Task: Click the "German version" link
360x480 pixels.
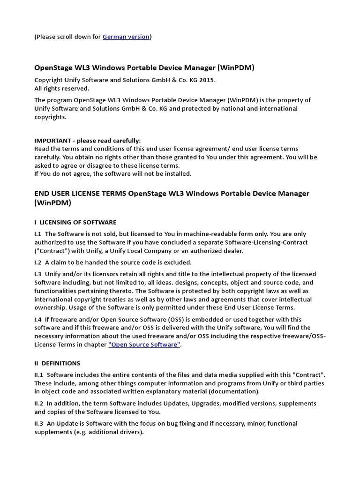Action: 126,37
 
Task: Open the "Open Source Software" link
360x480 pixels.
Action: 144,345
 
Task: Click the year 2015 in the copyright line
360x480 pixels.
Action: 207,80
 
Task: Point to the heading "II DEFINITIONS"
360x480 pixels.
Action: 57,363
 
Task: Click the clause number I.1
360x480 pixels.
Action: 38,234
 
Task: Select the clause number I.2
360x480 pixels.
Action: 38,262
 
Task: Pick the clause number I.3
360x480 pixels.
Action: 38,274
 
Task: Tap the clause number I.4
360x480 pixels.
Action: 38,319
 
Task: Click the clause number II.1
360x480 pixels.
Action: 39,375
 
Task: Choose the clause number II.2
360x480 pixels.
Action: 39,404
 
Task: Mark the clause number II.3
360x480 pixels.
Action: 39,424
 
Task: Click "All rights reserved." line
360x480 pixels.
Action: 61,88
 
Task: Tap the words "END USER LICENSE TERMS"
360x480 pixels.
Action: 80,194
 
